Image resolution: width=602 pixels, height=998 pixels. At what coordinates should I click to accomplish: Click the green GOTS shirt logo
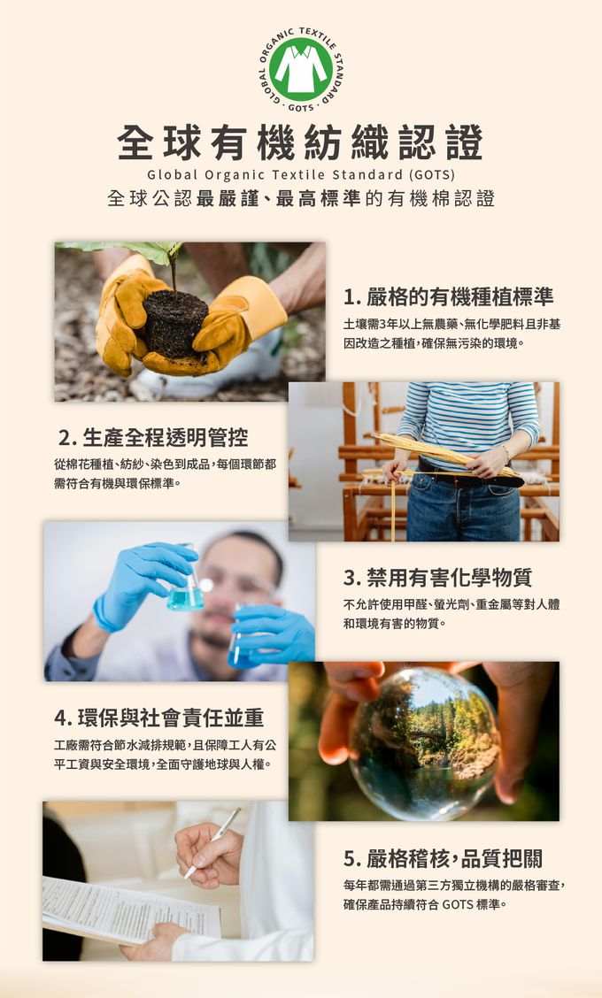click(x=301, y=69)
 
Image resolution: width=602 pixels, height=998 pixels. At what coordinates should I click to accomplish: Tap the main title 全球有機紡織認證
click(x=301, y=142)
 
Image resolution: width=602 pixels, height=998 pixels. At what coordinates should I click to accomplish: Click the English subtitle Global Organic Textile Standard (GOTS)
click(x=301, y=174)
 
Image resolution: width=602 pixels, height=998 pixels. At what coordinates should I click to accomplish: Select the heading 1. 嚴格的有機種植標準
click(x=449, y=296)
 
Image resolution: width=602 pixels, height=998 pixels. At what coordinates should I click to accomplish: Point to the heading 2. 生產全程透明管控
click(x=153, y=437)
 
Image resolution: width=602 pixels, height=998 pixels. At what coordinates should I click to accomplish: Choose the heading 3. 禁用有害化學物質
click(x=437, y=577)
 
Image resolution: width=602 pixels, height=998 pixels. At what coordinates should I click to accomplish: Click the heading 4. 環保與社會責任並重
click(x=158, y=718)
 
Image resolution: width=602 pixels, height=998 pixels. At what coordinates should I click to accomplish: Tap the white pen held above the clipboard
click(x=212, y=842)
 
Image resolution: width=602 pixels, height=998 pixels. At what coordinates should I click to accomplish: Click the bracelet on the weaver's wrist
click(x=506, y=455)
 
